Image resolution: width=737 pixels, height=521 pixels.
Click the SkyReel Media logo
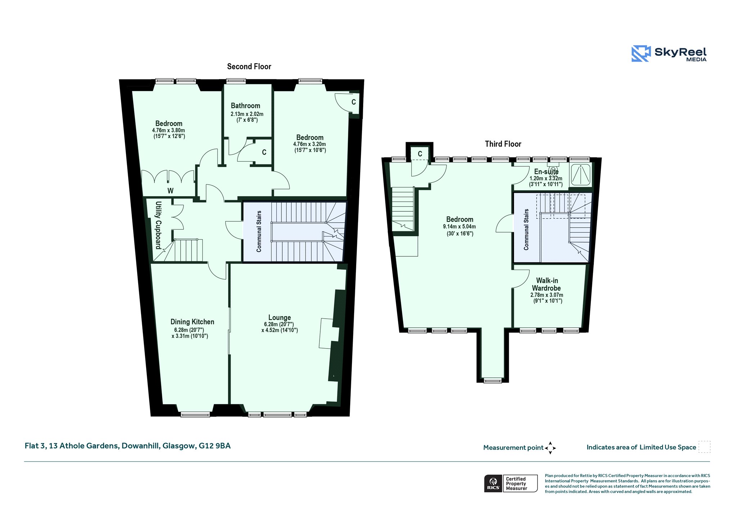(x=669, y=54)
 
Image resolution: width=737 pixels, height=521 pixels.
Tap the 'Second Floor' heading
(x=249, y=67)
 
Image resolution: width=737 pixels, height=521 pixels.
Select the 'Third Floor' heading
(x=503, y=144)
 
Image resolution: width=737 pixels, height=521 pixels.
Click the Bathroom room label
(x=245, y=105)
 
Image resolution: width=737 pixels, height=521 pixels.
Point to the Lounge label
(x=280, y=318)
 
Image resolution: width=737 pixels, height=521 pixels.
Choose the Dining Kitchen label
(x=192, y=322)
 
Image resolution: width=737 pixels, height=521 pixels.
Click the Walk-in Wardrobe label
(x=547, y=284)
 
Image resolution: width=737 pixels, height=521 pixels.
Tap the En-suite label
(x=546, y=172)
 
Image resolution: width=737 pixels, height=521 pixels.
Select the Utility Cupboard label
(x=158, y=225)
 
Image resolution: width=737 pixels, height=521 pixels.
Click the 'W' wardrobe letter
(x=171, y=191)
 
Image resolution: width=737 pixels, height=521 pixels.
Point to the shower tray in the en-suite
(x=580, y=175)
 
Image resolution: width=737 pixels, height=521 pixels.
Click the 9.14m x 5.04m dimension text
(x=459, y=227)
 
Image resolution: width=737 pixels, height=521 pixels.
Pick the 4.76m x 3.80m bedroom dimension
(x=168, y=130)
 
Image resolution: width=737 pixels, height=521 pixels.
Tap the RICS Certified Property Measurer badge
(x=511, y=483)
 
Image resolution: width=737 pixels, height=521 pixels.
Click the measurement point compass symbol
(x=550, y=448)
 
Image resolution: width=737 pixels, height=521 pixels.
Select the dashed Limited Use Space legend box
(x=704, y=447)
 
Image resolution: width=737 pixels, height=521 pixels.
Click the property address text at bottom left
(x=128, y=446)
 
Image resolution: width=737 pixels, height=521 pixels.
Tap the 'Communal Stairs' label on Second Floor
(x=259, y=232)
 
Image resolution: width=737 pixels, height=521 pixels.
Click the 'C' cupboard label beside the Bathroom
(x=264, y=152)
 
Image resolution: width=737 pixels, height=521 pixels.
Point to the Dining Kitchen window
(x=195, y=414)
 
